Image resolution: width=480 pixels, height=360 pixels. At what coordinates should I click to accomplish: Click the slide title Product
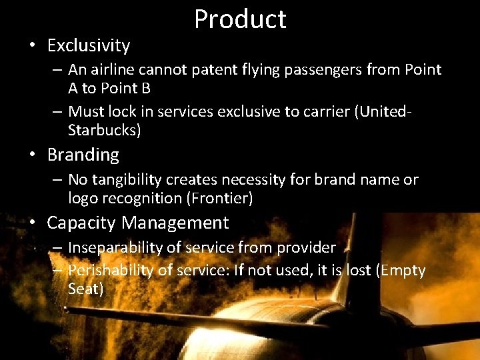coord(240,19)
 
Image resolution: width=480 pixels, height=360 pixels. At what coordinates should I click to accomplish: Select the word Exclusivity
coord(89,46)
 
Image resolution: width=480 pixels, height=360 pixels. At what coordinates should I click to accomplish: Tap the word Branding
coord(83,155)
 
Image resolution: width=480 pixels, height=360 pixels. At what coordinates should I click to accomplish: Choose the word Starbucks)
coord(105,131)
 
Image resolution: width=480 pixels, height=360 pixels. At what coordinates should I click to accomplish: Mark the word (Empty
coord(399,271)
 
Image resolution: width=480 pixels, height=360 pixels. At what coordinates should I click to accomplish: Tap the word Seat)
coord(86,289)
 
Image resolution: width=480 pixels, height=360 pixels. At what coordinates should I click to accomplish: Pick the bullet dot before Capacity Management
coord(32,223)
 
